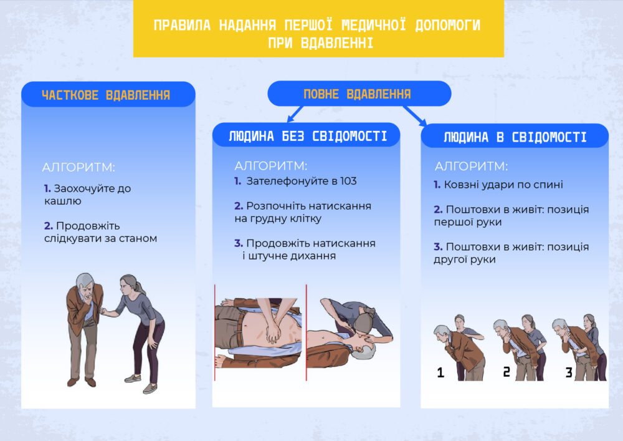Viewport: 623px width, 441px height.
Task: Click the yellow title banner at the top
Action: [318, 29]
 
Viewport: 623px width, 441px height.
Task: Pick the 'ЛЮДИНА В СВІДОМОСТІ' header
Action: [515, 137]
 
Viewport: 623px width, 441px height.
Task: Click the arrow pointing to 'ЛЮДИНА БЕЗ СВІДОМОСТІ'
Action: [295, 114]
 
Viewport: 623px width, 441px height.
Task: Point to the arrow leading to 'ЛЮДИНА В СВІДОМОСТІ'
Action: [415, 116]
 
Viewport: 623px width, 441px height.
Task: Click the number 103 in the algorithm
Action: [348, 182]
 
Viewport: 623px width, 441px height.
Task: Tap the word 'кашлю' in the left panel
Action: [63, 201]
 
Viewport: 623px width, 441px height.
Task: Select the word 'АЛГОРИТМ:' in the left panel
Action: [78, 167]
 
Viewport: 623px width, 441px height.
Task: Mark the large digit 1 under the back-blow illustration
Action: [440, 372]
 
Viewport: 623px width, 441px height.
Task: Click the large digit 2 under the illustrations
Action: [506, 372]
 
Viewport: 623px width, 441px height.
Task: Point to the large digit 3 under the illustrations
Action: [569, 372]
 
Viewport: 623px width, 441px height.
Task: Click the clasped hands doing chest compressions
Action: [273, 332]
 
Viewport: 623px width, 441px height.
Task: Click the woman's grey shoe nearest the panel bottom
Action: [150, 389]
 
